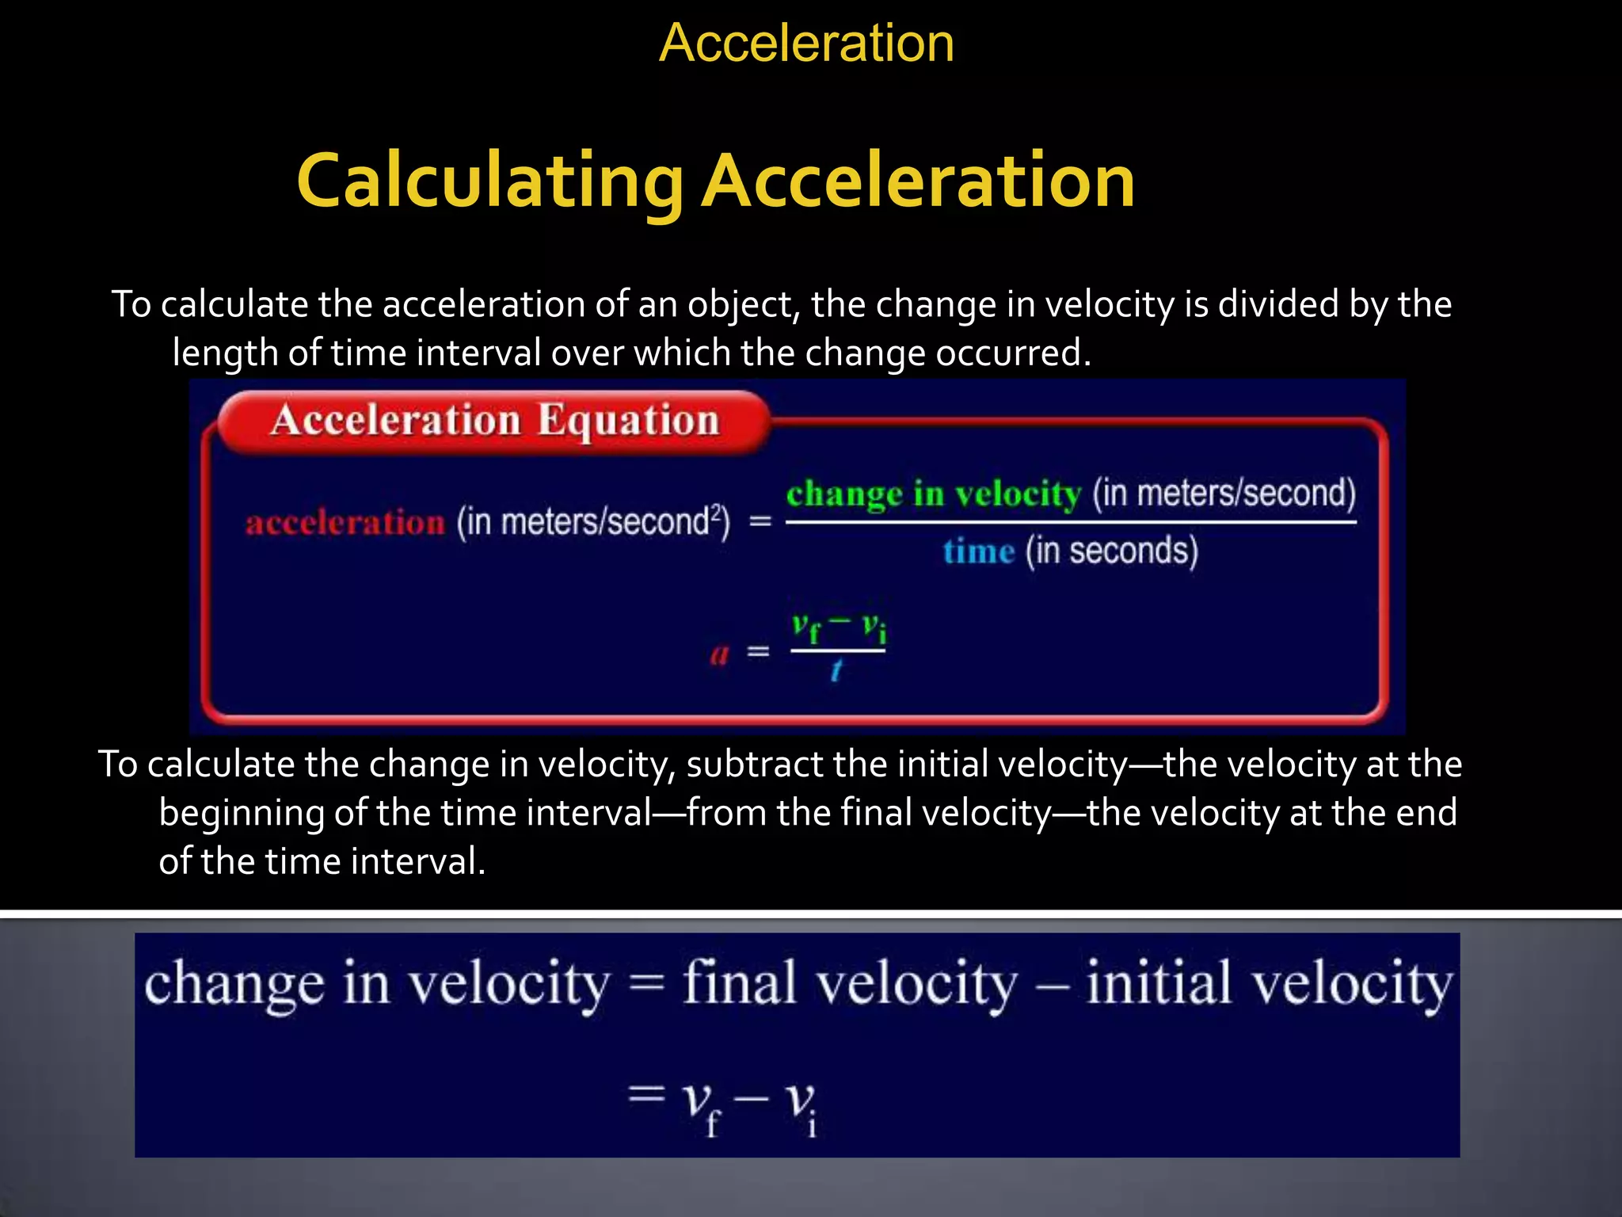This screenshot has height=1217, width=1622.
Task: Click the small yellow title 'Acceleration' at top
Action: pos(806,43)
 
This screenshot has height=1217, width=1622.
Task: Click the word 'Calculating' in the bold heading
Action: pos(489,182)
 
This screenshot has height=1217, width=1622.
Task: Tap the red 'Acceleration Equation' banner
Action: pos(494,421)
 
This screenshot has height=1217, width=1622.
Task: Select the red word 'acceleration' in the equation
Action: pos(345,523)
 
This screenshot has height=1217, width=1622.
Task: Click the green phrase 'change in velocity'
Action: pos(933,494)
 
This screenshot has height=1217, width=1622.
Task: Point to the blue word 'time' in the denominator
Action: pos(978,551)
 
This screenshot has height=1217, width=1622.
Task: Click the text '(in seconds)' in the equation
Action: pos(1112,551)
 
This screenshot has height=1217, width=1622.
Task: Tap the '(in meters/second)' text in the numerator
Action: pos(1224,493)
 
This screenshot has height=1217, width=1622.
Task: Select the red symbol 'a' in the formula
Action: pos(719,654)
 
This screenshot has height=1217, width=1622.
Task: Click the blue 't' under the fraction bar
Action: pos(836,672)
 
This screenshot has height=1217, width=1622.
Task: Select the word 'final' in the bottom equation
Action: pos(739,983)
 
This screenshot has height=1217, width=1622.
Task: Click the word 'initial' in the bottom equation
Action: pos(1157,983)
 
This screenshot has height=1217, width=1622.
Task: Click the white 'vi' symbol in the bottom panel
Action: pos(800,1104)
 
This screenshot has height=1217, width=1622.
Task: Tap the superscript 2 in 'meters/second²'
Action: pos(717,513)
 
